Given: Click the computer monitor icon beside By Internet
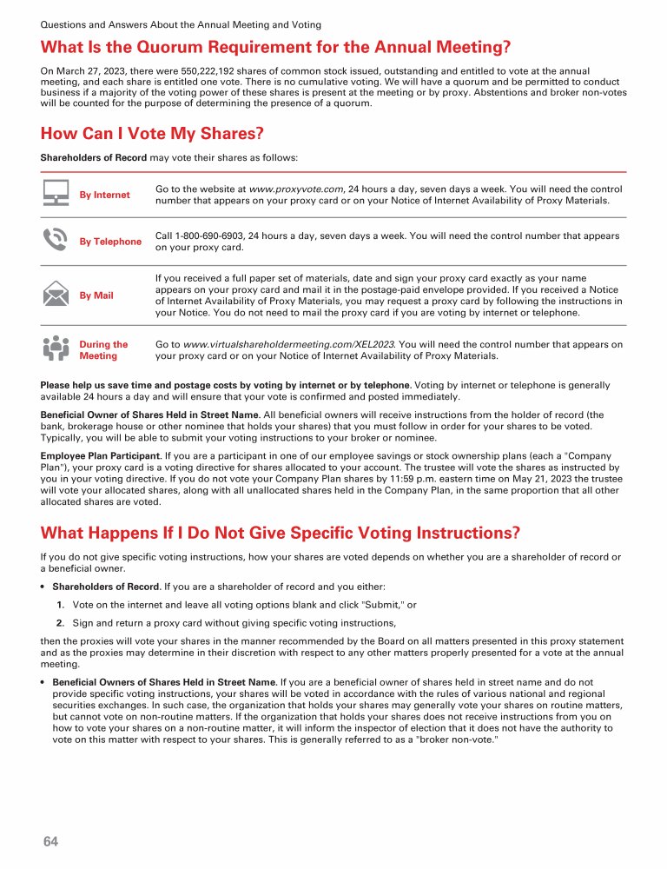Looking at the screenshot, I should (56, 193).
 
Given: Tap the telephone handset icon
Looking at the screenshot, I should (56, 240).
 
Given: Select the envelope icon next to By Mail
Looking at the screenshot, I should (56, 295).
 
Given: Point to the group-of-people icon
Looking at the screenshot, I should (56, 348).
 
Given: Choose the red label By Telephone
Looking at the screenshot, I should (110, 242).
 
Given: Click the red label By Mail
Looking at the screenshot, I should (96, 295).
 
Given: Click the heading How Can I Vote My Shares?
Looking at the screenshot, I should (152, 134).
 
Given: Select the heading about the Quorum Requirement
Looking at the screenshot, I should (276, 46).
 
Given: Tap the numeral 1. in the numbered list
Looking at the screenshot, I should (61, 605).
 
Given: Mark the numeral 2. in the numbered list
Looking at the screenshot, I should (61, 623).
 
